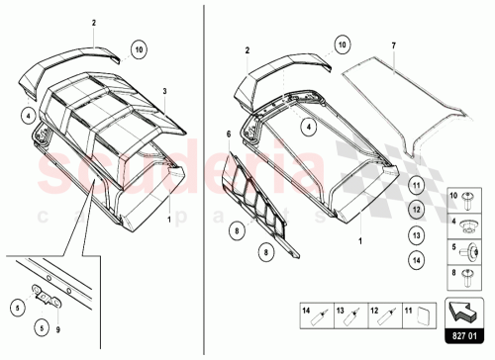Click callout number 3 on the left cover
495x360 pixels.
(164, 91)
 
